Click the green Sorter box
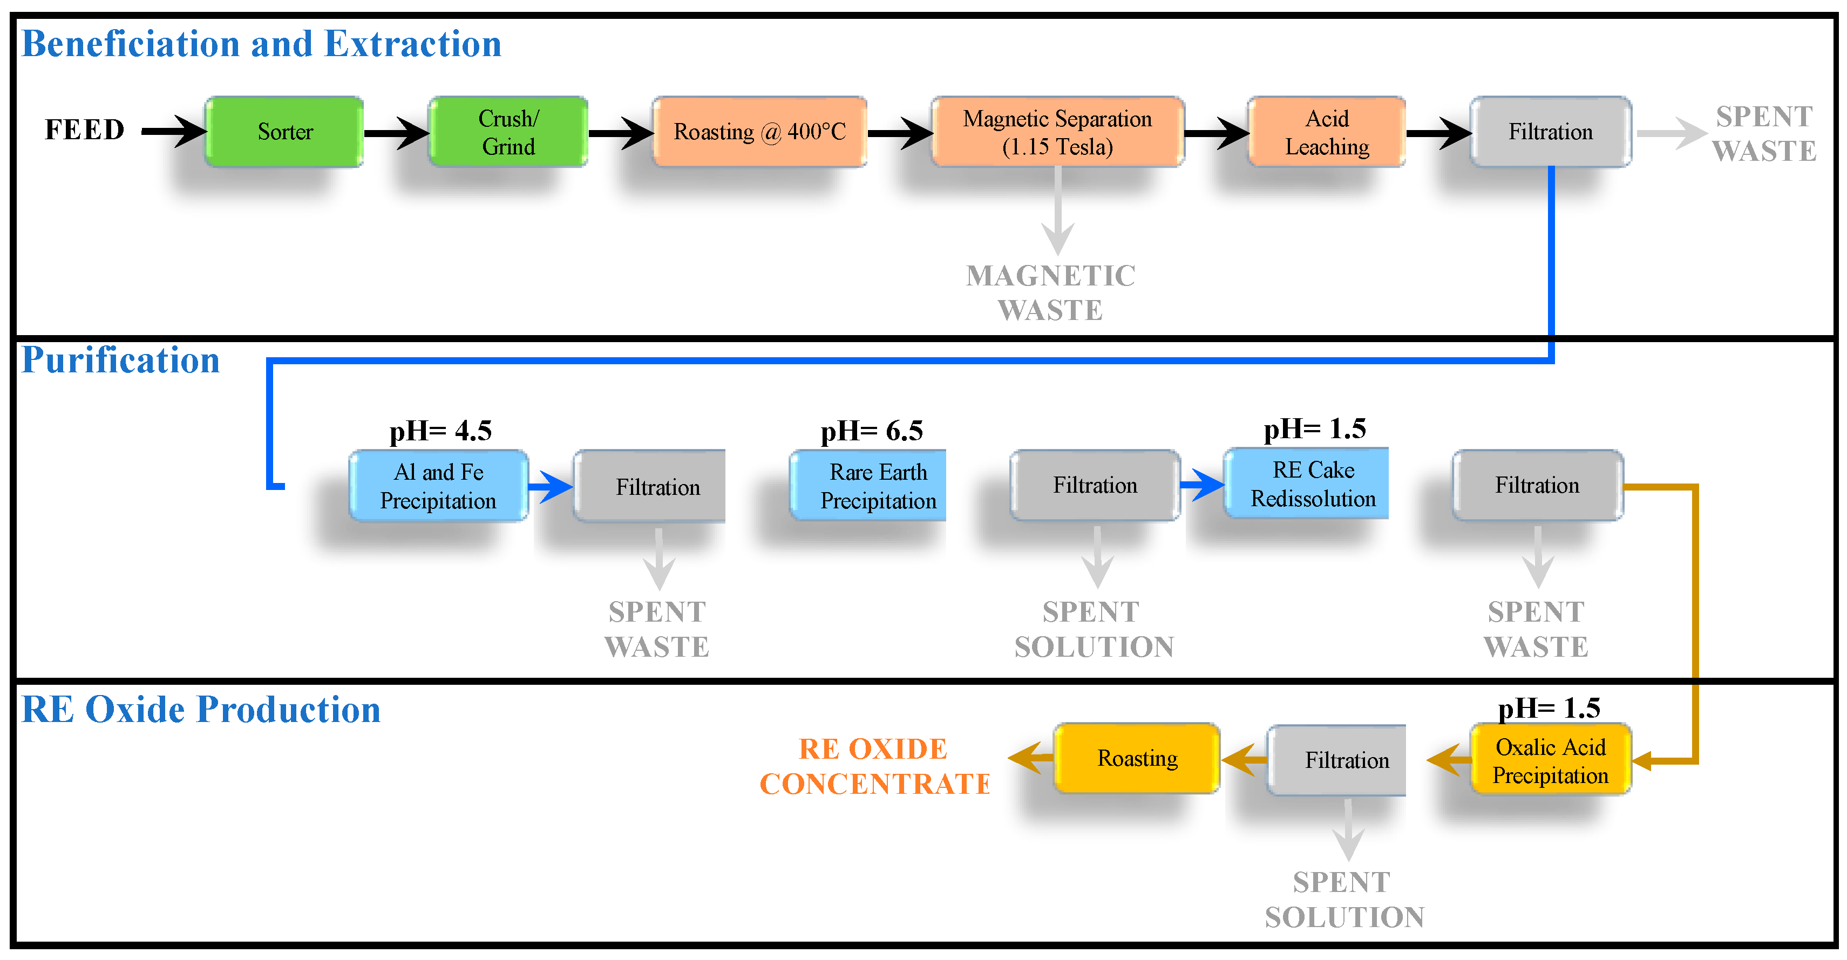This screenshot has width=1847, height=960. click(x=284, y=132)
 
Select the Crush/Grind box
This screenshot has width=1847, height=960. click(x=508, y=132)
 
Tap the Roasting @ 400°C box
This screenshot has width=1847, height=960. click(x=759, y=132)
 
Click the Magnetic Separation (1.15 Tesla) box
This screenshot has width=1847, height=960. click(x=1057, y=132)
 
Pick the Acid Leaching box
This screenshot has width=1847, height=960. click(x=1327, y=132)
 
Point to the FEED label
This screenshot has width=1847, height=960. click(x=85, y=130)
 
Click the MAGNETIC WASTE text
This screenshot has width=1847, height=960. click(x=1050, y=292)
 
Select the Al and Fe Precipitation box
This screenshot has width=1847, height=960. click(x=438, y=485)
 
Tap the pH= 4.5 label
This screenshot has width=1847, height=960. click(x=440, y=430)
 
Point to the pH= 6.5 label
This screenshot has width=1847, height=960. click(x=871, y=430)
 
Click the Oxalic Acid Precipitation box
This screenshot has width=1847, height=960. click(x=1550, y=760)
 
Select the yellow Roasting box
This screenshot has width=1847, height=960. click(x=1137, y=758)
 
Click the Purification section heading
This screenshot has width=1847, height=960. click(x=120, y=360)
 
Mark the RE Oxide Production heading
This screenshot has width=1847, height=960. click(x=201, y=709)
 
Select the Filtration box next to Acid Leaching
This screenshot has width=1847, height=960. click(x=1550, y=132)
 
